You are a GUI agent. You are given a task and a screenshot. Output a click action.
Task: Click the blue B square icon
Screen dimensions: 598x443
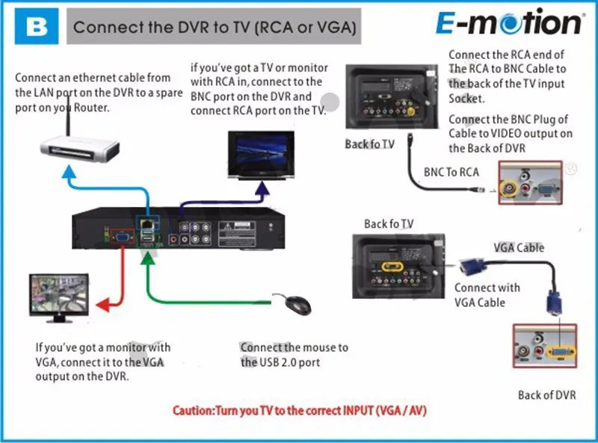click(x=37, y=26)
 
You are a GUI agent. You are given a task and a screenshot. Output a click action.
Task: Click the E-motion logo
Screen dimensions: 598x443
click(x=509, y=22)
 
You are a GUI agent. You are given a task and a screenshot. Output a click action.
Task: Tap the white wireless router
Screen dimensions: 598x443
click(x=80, y=149)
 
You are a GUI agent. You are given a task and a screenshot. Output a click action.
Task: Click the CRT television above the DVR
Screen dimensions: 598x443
click(x=261, y=155)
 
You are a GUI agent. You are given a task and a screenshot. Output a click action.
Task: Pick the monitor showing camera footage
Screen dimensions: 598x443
click(x=59, y=298)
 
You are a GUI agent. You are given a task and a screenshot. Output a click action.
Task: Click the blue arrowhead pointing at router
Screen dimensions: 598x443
click(x=69, y=171)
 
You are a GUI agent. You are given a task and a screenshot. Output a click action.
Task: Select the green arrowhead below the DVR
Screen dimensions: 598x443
click(x=148, y=258)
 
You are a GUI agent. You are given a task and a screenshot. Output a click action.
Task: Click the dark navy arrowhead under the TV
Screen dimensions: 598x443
click(x=262, y=188)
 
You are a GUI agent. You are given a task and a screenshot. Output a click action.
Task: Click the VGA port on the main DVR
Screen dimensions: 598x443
click(x=122, y=238)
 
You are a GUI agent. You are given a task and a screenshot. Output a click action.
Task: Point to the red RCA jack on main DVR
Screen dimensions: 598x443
click(x=174, y=240)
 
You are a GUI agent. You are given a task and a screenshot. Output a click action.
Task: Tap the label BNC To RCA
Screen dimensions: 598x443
click(x=451, y=172)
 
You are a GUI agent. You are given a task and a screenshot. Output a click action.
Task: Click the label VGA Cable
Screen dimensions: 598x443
click(x=519, y=248)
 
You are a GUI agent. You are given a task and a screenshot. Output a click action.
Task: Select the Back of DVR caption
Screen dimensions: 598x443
click(x=547, y=395)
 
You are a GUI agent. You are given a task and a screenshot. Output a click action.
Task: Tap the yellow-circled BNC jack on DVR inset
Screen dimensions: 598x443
click(x=510, y=188)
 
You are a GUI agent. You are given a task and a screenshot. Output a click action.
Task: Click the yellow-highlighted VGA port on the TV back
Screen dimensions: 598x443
click(x=392, y=267)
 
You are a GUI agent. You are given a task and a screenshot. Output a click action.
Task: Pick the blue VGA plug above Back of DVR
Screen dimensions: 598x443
click(x=554, y=303)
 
